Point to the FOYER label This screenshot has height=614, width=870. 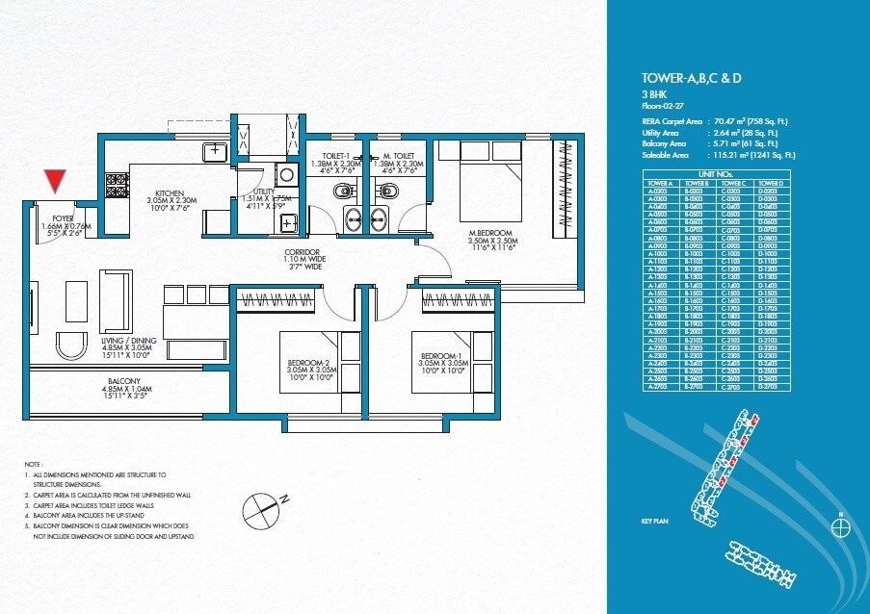click(50, 218)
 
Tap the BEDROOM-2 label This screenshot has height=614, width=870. click(311, 363)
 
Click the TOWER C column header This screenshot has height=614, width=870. click(733, 183)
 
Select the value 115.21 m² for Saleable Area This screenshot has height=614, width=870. click(731, 154)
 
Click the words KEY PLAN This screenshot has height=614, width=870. click(654, 521)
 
